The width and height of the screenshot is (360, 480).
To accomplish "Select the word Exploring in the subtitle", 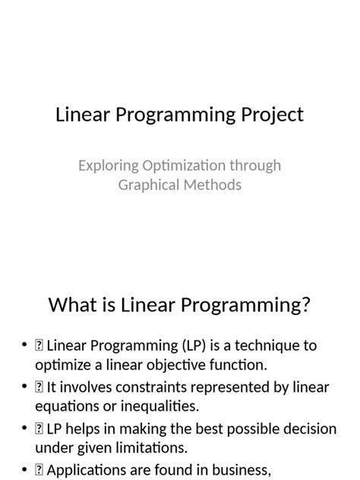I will pyautogui.click(x=109, y=165).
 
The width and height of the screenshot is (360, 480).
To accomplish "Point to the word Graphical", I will pyautogui.click(x=147, y=185).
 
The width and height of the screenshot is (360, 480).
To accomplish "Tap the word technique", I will pyautogui.click(x=267, y=346).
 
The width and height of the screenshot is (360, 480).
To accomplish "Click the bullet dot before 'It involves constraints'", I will pyautogui.click(x=25, y=387).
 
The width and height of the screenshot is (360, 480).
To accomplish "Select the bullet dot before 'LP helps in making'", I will pyautogui.click(x=25, y=430).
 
